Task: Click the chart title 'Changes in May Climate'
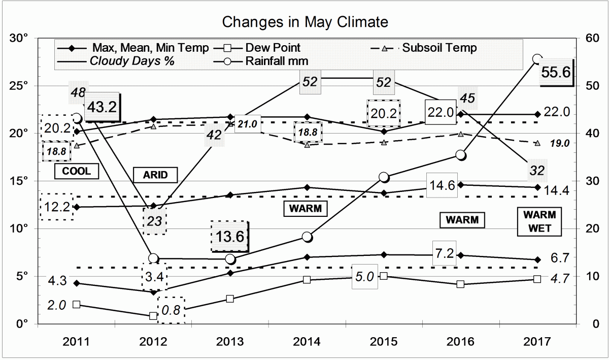[305, 22]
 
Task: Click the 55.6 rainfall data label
[557, 72]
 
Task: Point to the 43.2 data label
[102, 107]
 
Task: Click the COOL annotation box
[76, 171]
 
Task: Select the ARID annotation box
[156, 176]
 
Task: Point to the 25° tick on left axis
[19, 85]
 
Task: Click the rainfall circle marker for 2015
[384, 177]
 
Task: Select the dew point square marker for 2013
[230, 299]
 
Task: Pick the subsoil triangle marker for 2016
[460, 134]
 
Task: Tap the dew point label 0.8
[171, 310]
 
